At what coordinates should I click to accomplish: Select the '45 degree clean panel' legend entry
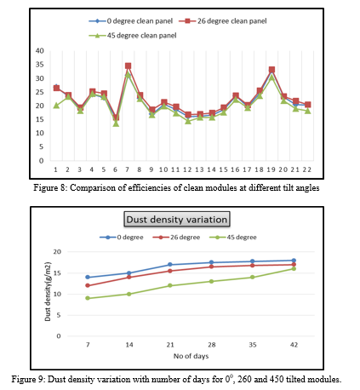point(133,36)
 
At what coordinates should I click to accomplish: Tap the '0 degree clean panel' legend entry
point(131,21)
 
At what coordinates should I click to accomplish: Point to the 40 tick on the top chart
point(40,51)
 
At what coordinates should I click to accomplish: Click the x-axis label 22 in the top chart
point(307,169)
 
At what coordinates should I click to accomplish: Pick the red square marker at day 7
point(128,66)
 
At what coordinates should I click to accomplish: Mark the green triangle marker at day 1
point(56,106)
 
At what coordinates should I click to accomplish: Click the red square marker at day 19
point(271,70)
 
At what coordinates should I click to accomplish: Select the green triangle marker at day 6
point(116,123)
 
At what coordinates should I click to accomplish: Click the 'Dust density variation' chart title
point(177,220)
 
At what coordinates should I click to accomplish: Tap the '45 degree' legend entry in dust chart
point(233,238)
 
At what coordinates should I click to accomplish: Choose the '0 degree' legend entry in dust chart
point(122,238)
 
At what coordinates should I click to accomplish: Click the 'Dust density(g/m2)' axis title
point(48,291)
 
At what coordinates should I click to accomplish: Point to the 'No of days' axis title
point(191,356)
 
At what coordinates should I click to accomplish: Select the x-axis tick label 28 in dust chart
point(212,345)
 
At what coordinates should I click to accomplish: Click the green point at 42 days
point(294,268)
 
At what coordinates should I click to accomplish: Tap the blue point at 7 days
point(88,277)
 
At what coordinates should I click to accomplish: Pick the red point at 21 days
point(170,271)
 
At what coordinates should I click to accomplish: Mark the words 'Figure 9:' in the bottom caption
point(28,379)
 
